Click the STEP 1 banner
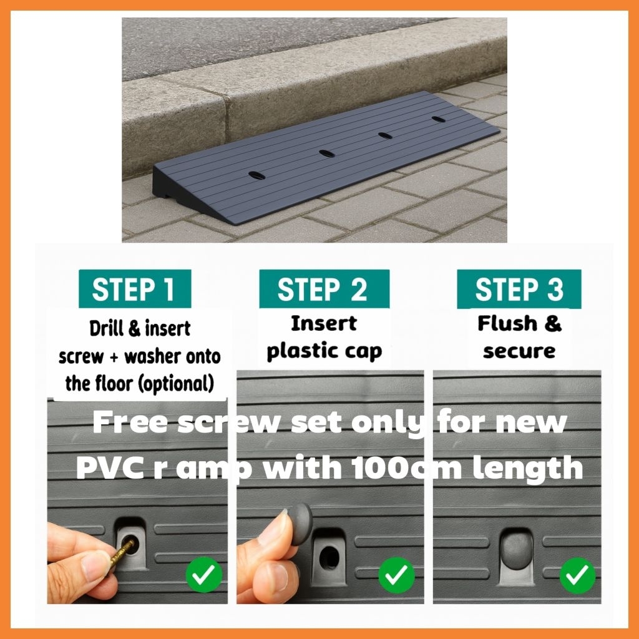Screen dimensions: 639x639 click(135, 288)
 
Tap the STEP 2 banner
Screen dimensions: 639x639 click(324, 288)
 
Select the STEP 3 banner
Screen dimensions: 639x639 click(519, 288)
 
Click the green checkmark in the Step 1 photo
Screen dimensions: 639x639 click(204, 574)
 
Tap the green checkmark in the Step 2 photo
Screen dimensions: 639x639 click(396, 575)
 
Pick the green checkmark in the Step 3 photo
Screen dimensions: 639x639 click(577, 575)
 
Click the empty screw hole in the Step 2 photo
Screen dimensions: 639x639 click(329, 557)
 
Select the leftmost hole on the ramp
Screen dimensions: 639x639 click(256, 176)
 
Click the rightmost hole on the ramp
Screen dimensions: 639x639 click(439, 119)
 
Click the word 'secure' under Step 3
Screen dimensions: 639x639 click(519, 351)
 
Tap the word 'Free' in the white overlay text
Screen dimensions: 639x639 click(130, 422)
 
